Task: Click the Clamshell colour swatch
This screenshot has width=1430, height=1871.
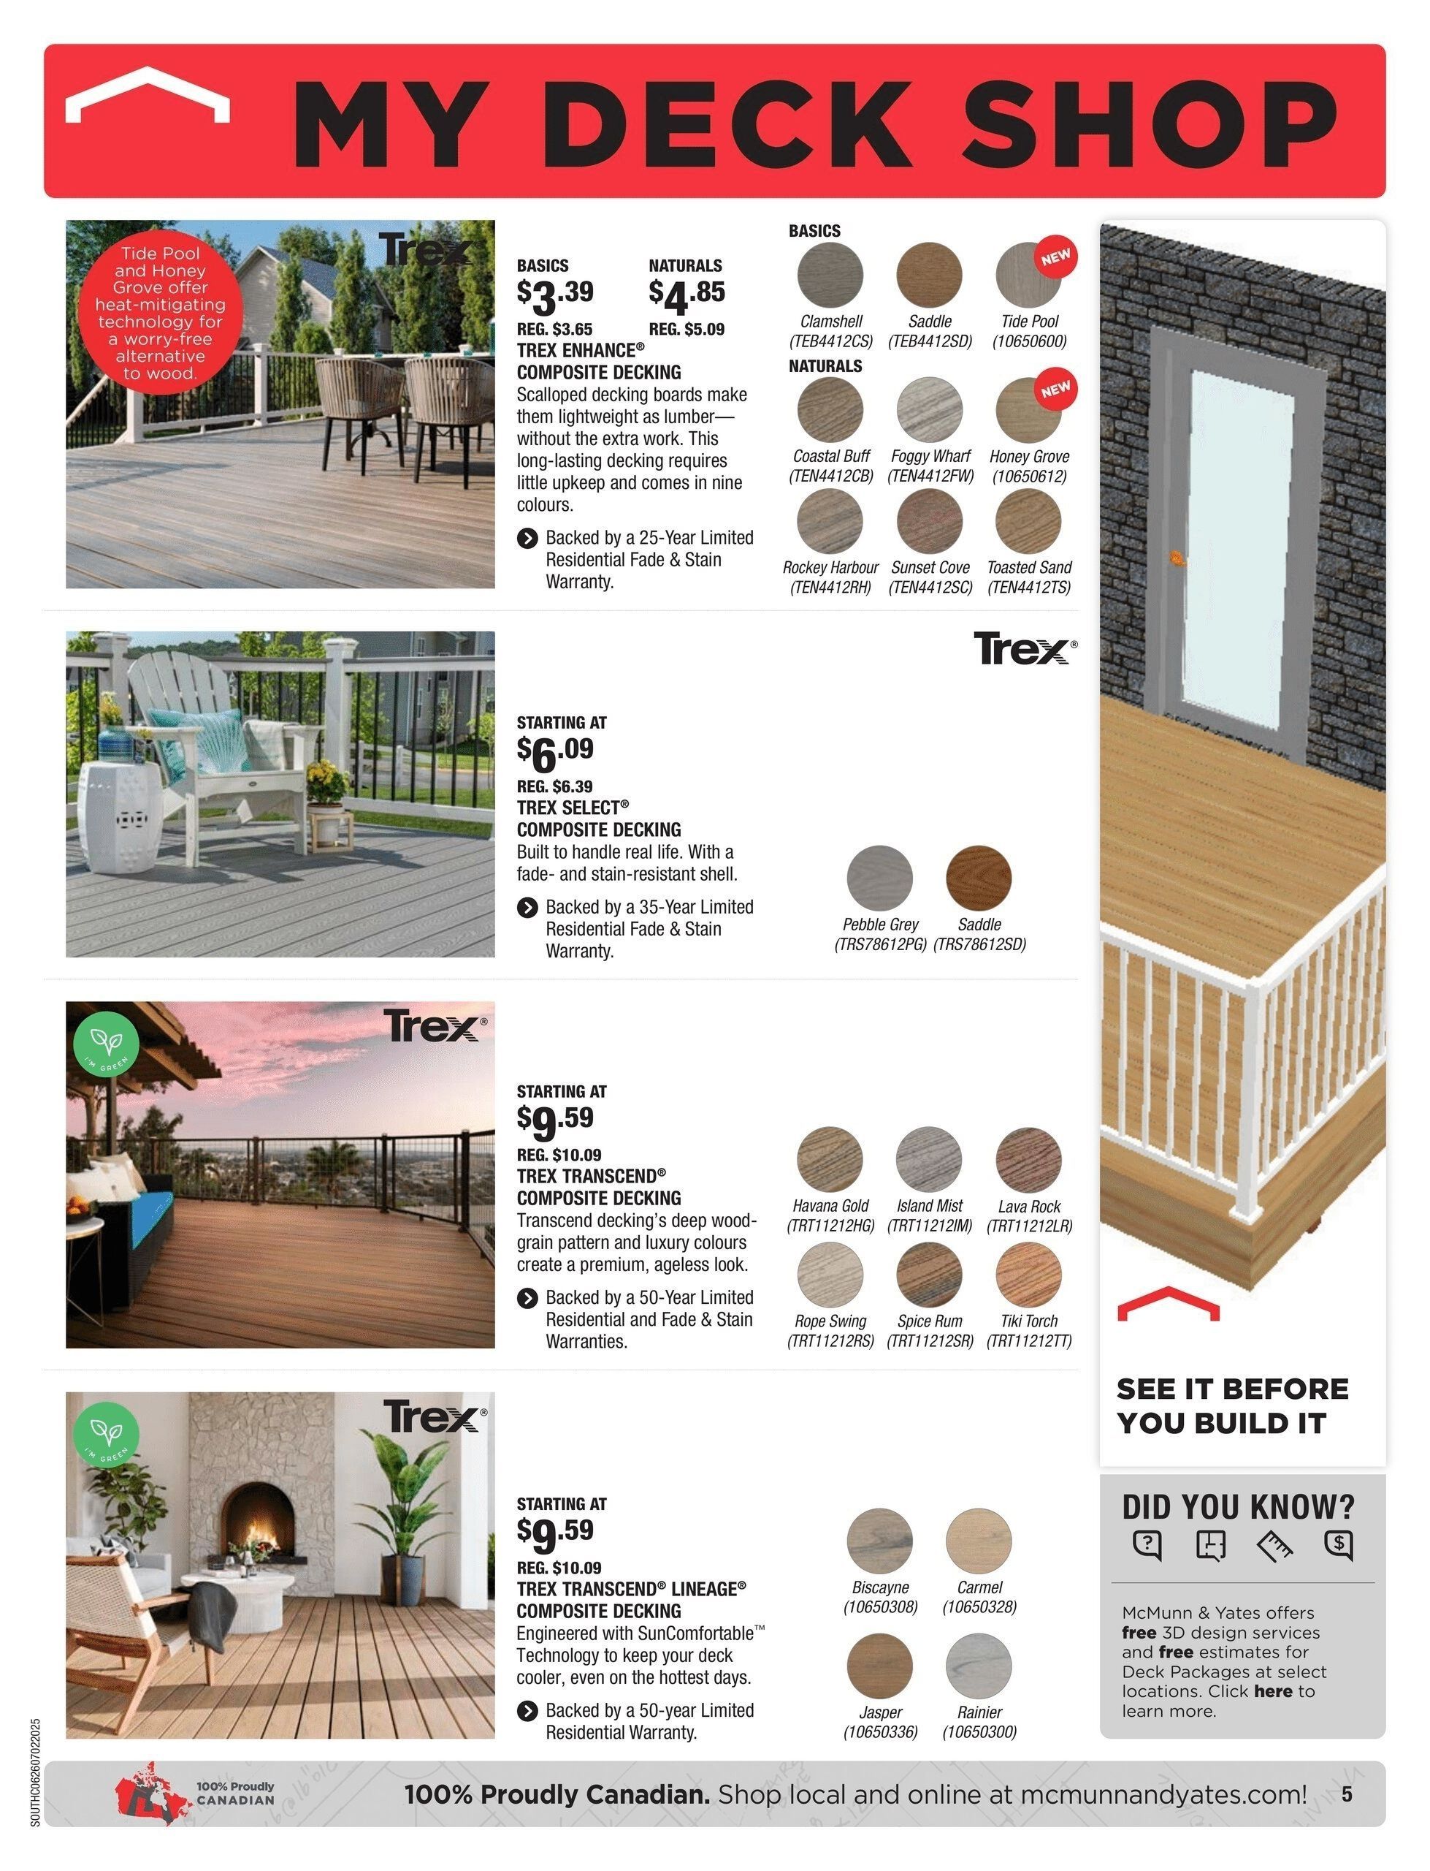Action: [x=830, y=274]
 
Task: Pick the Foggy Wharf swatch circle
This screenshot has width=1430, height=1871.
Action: [x=929, y=409]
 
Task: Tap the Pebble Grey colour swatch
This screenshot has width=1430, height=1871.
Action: [x=879, y=877]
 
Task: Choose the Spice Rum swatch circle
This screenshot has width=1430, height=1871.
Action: [x=929, y=1275]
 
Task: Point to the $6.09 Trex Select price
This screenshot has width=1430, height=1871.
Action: [x=555, y=752]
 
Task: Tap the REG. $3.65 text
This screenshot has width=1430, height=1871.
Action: [x=554, y=330]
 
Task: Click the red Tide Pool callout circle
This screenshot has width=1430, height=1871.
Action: [x=160, y=313]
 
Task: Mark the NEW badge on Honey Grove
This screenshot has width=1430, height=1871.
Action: [x=1055, y=390]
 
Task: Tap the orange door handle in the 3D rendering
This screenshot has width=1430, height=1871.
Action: [x=1178, y=558]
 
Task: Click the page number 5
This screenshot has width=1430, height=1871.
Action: [x=1347, y=1794]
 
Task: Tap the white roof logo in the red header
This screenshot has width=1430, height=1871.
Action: [x=148, y=96]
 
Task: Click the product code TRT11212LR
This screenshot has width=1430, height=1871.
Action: [x=1029, y=1226]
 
